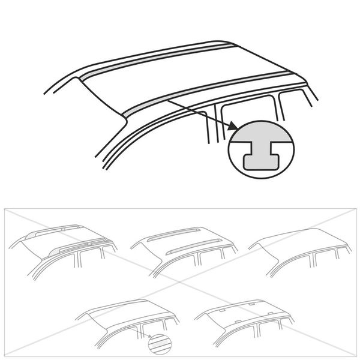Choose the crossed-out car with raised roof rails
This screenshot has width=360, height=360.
pyautogui.click(x=63, y=246)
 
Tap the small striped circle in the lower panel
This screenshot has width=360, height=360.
pyautogui.click(x=158, y=343)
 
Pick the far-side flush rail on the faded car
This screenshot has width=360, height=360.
pyautogui.click(x=177, y=231)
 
